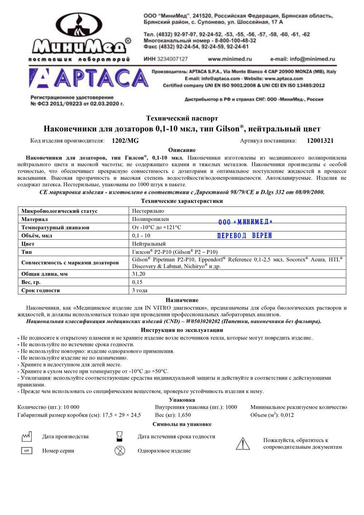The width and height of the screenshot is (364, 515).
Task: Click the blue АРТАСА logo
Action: (x=88, y=79)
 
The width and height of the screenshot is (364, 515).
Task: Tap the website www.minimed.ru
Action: (x=230, y=59)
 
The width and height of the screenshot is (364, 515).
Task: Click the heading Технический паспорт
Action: (x=182, y=118)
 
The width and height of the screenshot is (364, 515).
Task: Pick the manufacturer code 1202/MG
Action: (x=125, y=141)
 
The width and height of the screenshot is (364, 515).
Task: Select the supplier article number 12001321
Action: (x=320, y=141)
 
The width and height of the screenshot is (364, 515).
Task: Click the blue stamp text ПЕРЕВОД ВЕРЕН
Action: (x=245, y=236)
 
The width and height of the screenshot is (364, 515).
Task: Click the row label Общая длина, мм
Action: (x=44, y=274)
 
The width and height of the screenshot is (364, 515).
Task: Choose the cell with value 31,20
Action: (x=139, y=274)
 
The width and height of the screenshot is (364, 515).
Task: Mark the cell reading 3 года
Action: (x=140, y=290)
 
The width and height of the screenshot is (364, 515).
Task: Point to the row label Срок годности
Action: (x=40, y=290)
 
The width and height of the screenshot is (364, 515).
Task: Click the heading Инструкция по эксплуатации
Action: (x=182, y=330)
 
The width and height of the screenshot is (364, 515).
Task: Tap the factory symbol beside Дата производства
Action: (x=27, y=436)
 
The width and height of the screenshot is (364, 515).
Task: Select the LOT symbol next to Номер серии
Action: (x=27, y=451)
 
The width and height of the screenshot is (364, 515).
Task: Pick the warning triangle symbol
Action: (x=243, y=444)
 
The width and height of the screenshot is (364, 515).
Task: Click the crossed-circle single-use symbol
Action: (x=120, y=451)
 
